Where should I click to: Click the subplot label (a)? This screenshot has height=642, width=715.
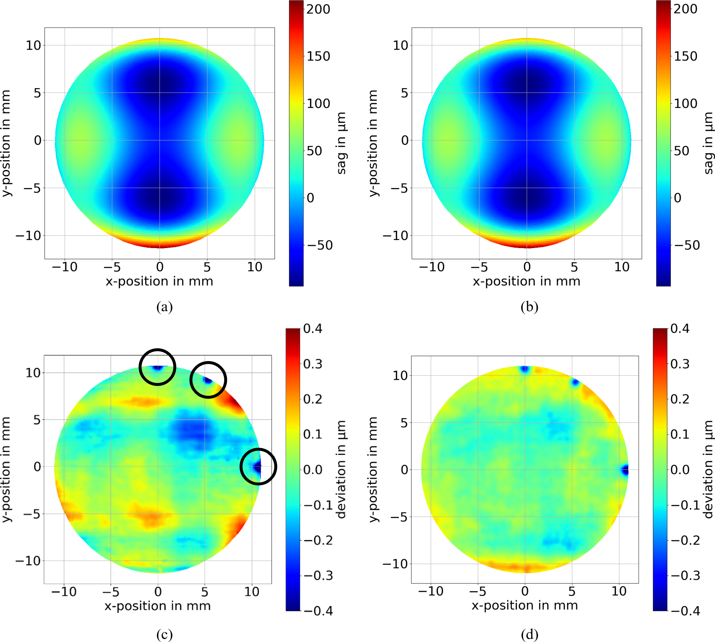coord(164,307)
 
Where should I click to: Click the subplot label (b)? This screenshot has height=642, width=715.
coord(529,307)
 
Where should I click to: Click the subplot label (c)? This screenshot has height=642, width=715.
coord(164,634)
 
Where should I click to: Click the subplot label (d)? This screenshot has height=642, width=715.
coord(529,634)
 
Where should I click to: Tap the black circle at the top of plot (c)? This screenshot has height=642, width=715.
coord(158,367)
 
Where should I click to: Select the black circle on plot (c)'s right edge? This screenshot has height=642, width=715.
coord(258,466)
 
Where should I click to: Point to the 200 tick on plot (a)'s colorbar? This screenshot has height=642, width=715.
coord(318,9)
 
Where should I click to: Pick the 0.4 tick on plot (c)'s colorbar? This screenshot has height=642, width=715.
coord(313,328)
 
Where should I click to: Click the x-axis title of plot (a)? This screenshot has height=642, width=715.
coord(159,281)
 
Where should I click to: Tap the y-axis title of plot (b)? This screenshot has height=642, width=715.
coord(373,143)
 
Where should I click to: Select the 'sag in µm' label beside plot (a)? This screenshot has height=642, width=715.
coord(341,143)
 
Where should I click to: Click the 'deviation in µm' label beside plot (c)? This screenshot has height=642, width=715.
coord(341,469)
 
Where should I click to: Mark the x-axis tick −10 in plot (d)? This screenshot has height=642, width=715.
coord(431,591)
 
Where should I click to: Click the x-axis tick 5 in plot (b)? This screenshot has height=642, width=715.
coord(574,267)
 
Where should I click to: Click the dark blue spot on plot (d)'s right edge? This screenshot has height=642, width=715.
coord(625,470)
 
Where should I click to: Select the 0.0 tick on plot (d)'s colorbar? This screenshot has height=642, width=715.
coord(680,470)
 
